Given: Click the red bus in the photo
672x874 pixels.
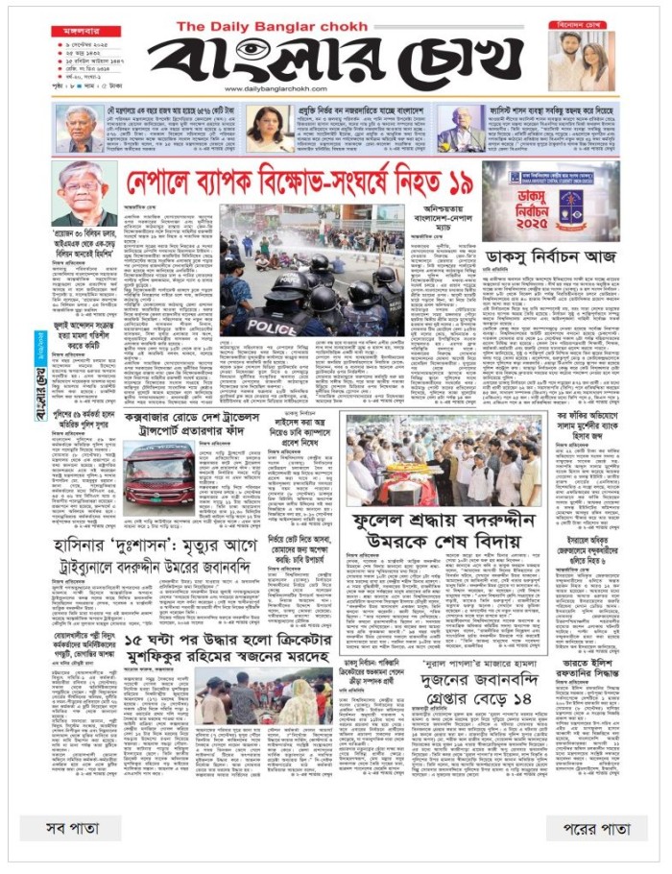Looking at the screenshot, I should [x=158, y=475].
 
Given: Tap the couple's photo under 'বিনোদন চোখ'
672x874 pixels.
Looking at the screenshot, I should [x=583, y=62].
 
